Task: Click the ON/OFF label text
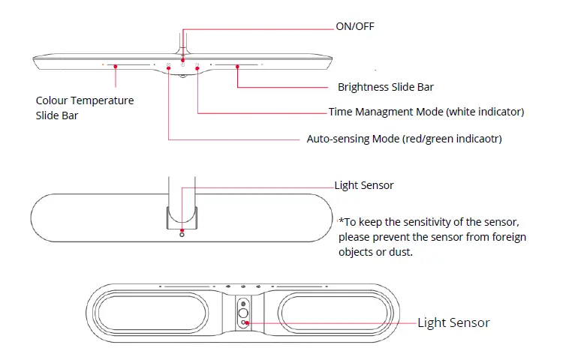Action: tap(354, 26)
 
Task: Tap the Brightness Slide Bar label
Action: tap(385, 87)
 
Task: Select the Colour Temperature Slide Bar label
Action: tap(85, 108)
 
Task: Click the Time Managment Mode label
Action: tap(426, 112)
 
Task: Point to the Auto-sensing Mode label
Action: tap(404, 139)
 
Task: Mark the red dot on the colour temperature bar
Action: tap(116, 66)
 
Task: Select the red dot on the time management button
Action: tap(197, 68)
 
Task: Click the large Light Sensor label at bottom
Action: tap(453, 322)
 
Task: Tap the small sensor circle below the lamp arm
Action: tap(182, 235)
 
